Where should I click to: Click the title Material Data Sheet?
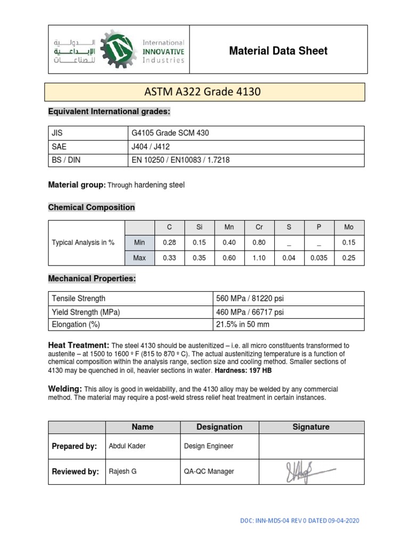tap(278, 51)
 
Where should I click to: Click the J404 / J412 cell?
tap(151, 147)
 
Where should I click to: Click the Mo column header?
tap(349, 227)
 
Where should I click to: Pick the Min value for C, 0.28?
tap(169, 243)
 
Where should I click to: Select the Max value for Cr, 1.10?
tap(259, 258)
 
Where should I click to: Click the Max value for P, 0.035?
tap(319, 258)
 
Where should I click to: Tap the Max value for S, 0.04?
tap(289, 258)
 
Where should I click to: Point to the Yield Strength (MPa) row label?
tap(86, 311)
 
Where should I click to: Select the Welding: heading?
tap(65, 389)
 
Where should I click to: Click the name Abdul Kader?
tap(126, 446)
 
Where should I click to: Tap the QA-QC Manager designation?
tap(209, 471)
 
